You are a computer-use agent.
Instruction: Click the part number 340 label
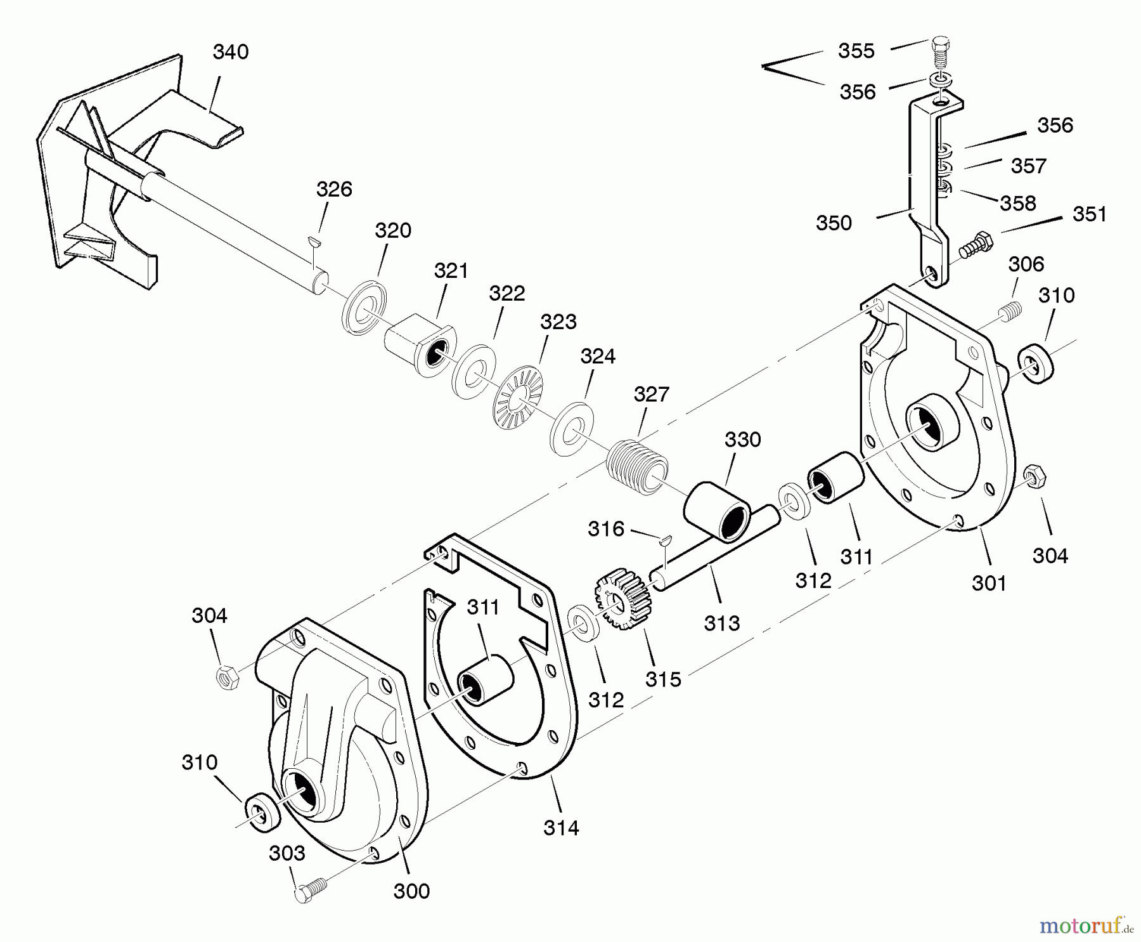[x=230, y=52]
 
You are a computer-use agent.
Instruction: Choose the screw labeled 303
[x=310, y=889]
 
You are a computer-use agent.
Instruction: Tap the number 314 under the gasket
[x=561, y=827]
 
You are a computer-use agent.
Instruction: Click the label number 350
[x=834, y=223]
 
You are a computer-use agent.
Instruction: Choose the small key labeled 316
[x=664, y=540]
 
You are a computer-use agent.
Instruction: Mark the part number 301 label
[x=989, y=582]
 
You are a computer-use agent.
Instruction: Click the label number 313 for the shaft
[x=721, y=624]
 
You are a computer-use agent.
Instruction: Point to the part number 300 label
[x=411, y=891]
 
